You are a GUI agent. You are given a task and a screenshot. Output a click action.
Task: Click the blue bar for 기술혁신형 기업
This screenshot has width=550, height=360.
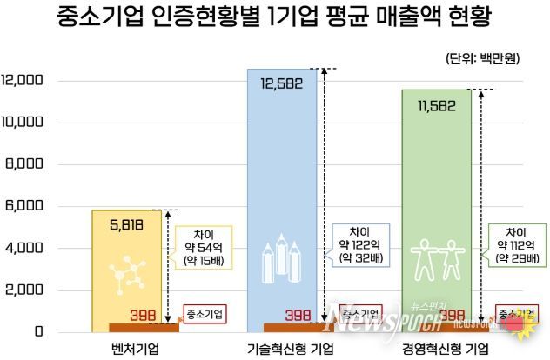coord(283,174)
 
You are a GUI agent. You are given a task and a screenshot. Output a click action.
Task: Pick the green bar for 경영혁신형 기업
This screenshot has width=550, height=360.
coord(436,191)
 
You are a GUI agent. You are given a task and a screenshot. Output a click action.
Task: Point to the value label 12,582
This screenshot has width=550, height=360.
coord(283,83)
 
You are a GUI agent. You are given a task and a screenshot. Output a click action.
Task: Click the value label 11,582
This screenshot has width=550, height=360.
coord(435,104)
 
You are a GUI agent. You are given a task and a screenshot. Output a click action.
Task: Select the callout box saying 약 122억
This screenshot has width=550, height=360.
coord(360,244)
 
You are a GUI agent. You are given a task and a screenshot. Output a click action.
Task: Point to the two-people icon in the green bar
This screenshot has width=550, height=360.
coord(435,257)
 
